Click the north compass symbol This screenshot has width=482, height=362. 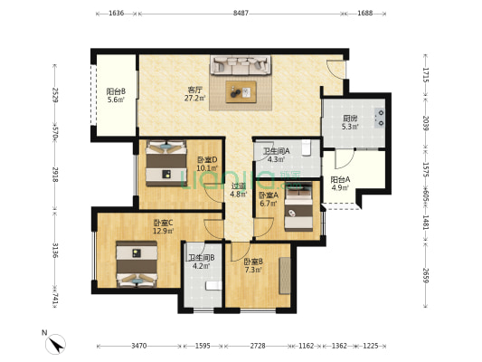coord(56,344)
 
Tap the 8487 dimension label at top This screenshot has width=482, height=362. coord(241,14)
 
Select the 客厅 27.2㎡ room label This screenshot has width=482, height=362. coord(195,94)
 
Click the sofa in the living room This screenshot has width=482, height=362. coord(241,65)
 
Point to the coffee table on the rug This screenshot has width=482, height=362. coord(241,91)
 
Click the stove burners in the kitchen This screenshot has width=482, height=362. coord(380,119)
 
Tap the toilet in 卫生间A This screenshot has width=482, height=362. coord(307,148)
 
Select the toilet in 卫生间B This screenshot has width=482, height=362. coord(213,285)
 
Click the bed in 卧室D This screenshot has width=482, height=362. coord(166,163)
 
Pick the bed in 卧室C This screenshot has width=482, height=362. coord(137,264)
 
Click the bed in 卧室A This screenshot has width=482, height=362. coord(298,205)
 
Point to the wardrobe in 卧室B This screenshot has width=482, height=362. coord(285,276)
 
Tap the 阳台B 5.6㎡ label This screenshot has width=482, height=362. coord(116,95)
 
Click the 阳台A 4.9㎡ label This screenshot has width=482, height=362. coord(340,184)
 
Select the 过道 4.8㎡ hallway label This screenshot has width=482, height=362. coord(239,190)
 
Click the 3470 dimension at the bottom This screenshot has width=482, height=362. coord(139,346)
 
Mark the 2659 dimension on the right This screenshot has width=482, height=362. coord(425,274)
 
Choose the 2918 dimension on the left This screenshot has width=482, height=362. coord(55,175)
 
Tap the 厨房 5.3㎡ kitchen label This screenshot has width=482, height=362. coord(350,122)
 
